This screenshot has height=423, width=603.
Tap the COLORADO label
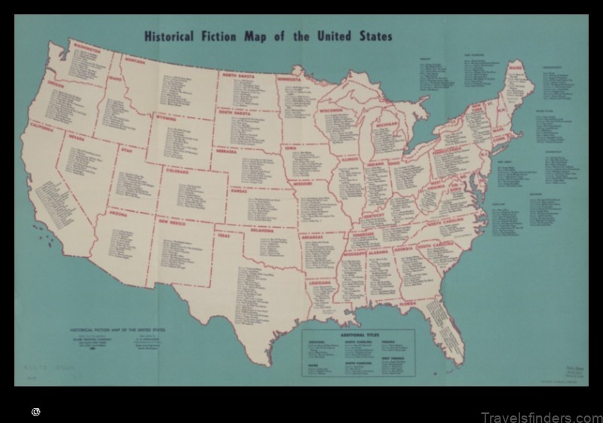tap(178, 171)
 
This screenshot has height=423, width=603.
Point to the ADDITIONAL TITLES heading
tap(359, 333)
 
